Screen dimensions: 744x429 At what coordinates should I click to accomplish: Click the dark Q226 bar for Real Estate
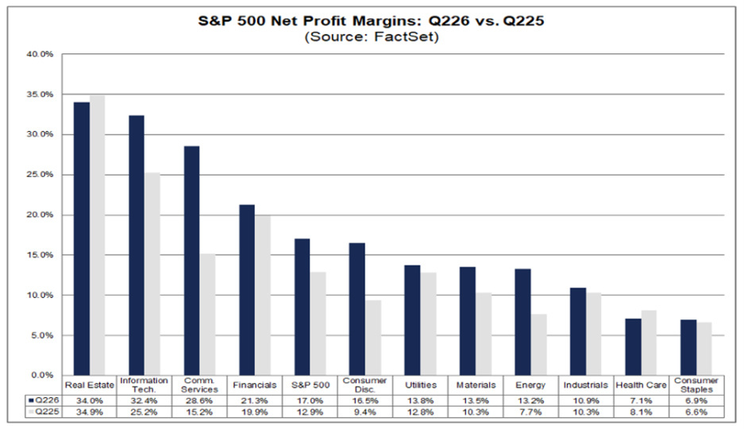82,238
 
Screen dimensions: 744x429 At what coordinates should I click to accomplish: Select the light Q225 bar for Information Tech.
152,274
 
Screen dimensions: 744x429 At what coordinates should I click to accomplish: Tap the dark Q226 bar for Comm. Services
191,261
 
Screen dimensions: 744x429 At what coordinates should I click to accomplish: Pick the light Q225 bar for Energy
538,345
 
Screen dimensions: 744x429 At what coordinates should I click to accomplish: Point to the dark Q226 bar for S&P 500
302,307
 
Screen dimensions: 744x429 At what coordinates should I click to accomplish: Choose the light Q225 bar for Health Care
649,342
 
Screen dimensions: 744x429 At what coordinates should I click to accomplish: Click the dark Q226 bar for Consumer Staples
688,347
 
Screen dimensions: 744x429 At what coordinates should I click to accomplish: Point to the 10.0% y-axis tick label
40,296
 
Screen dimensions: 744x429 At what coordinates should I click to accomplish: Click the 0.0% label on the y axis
43,375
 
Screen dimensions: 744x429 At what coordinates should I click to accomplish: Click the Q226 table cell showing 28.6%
199,400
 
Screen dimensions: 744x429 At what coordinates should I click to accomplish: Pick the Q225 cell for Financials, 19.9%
254,412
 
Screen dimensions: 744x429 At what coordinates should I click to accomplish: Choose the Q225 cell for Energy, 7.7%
530,412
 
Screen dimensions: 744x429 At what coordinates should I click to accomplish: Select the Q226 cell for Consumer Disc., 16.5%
365,400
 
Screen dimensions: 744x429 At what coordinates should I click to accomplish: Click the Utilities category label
420,385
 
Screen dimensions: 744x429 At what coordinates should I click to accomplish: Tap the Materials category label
476,385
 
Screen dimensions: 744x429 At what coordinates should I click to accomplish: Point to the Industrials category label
585,385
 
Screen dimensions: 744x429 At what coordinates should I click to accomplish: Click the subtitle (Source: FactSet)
372,37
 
